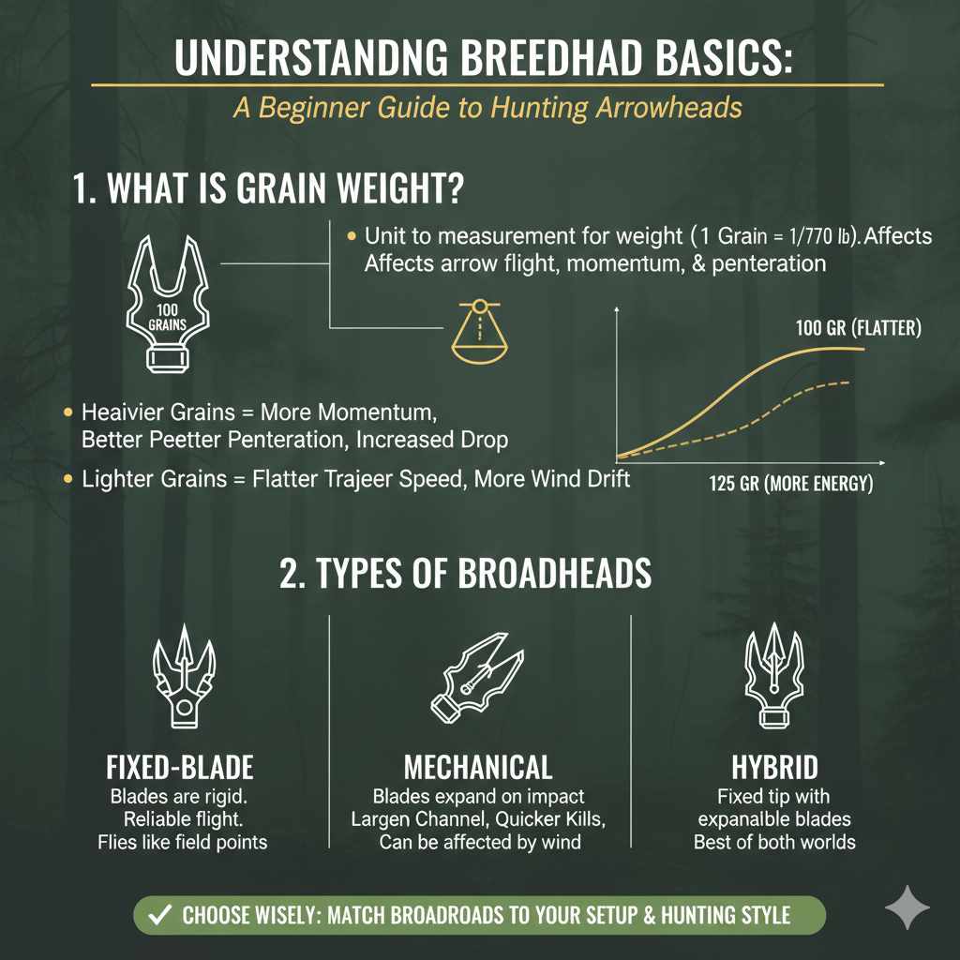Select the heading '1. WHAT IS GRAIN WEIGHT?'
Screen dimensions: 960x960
pyautogui.click(x=267, y=188)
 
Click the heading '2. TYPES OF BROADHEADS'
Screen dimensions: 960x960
pyautogui.click(x=465, y=574)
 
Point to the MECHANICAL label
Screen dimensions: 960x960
pyautogui.click(x=478, y=768)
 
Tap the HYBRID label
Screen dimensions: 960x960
pyautogui.click(x=774, y=768)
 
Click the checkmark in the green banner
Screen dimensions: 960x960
pyautogui.click(x=158, y=915)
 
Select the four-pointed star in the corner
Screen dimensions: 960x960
pyautogui.click(x=907, y=908)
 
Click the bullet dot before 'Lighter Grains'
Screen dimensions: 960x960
pyautogui.click(x=67, y=479)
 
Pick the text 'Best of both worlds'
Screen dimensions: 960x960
pyautogui.click(x=774, y=842)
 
